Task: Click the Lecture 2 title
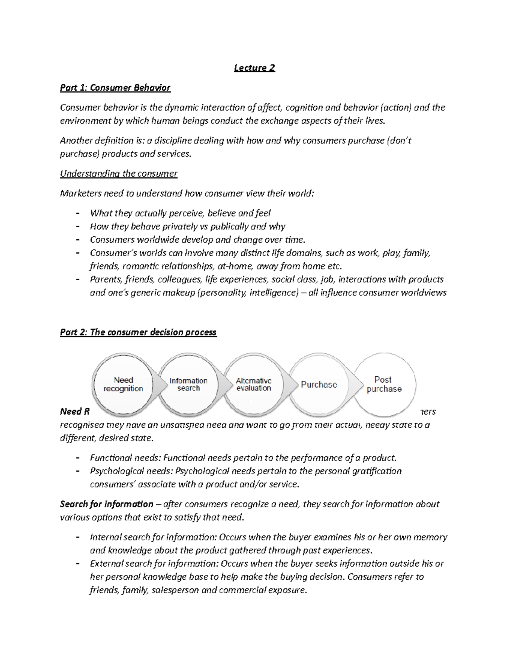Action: tap(255, 68)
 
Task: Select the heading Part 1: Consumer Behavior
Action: tap(115, 88)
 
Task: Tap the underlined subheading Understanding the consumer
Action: tap(119, 174)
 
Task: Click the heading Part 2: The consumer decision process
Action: tap(138, 332)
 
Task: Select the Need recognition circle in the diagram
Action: tap(123, 384)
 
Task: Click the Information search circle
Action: tap(188, 384)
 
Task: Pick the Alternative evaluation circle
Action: tap(254, 384)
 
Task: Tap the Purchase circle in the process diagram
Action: tap(319, 384)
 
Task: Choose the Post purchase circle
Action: tap(384, 384)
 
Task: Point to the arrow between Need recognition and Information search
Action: tap(160, 384)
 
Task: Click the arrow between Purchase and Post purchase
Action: tap(354, 384)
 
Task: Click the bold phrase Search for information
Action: tap(106, 504)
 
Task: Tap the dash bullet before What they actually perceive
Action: tap(77, 213)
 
